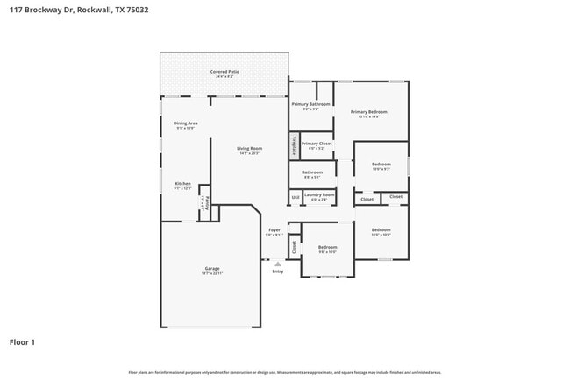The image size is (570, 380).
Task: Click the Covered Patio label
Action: (x=224, y=73)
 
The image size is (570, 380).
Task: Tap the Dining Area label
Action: (x=185, y=124)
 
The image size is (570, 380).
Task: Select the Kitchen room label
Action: (x=182, y=185)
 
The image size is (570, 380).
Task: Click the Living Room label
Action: (x=249, y=150)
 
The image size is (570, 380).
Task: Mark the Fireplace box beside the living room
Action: (x=295, y=144)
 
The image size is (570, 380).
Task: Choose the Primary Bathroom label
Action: (x=310, y=105)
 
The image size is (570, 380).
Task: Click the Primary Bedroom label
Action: (x=369, y=113)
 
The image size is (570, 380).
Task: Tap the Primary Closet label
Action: (x=317, y=144)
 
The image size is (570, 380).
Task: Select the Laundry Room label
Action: (x=318, y=195)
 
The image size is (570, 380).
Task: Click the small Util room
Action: (x=296, y=198)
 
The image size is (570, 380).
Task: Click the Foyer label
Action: (x=274, y=232)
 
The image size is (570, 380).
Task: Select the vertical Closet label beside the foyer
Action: (x=294, y=248)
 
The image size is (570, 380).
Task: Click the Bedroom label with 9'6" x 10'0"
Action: (x=327, y=248)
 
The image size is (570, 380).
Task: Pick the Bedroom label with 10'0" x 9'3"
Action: (x=381, y=165)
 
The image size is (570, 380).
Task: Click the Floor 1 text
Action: (x=22, y=342)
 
